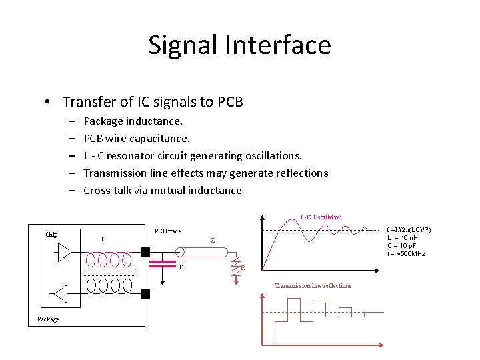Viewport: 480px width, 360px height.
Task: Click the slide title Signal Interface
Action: coord(239,45)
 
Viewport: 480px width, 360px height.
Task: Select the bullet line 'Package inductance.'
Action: coord(133,121)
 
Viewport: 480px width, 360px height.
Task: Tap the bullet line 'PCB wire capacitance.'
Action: coord(137,139)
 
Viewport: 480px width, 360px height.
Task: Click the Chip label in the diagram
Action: coord(51,235)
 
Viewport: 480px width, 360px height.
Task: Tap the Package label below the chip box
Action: coord(48,319)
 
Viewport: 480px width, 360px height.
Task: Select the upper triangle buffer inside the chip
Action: coord(65,253)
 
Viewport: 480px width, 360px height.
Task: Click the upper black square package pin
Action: coord(145,253)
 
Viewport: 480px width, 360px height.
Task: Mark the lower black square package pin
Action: coord(145,293)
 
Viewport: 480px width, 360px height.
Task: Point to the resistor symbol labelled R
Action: coord(234,266)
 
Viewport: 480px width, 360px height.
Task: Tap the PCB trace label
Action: coord(167,231)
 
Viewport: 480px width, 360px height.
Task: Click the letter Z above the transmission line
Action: coord(212,240)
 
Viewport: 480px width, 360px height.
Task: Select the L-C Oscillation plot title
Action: coord(321,217)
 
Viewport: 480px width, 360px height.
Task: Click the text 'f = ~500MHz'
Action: coord(406,253)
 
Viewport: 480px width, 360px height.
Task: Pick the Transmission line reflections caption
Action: coord(313,286)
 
